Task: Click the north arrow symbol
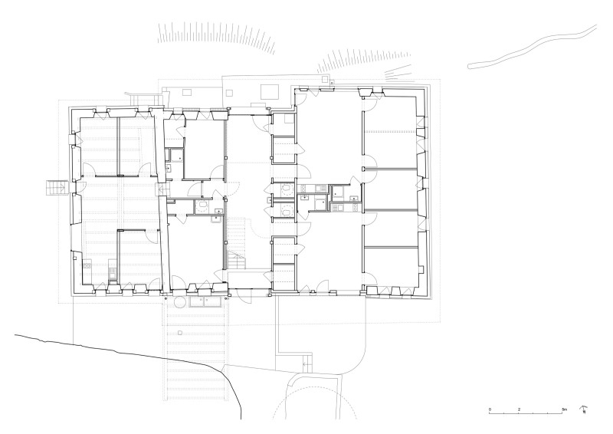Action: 584,409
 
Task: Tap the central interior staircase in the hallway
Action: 237,243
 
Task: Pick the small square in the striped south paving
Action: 179,334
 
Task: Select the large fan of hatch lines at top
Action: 218,37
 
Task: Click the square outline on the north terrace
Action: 268,90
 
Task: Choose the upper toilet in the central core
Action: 284,186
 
